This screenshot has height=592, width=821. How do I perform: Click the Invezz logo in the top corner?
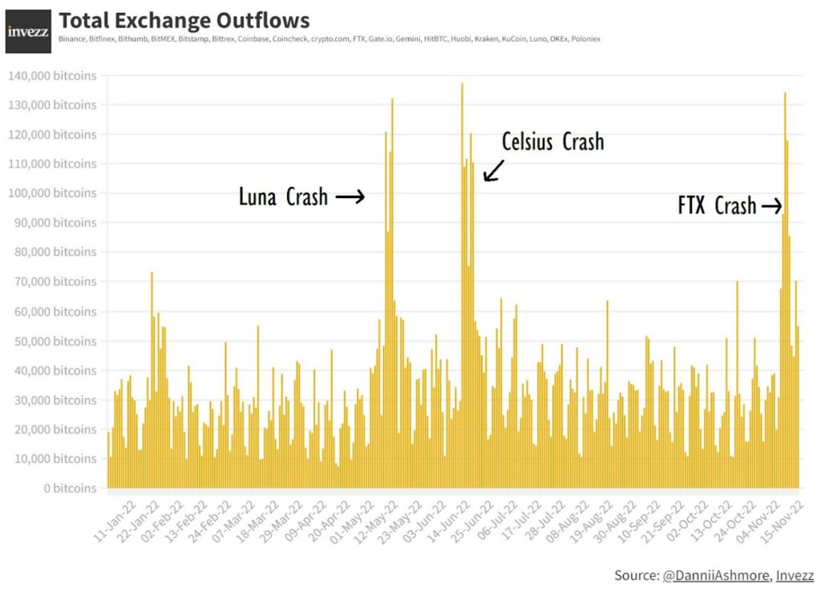pyautogui.click(x=28, y=31)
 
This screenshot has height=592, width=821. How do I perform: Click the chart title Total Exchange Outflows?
pyautogui.click(x=184, y=20)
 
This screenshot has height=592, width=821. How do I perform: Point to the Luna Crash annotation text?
pyautogui.click(x=283, y=197)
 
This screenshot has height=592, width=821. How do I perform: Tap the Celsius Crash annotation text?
pyautogui.click(x=552, y=142)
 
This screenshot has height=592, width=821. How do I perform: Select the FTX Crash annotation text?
pyautogui.click(x=717, y=206)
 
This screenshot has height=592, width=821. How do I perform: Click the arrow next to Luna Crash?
pyautogui.click(x=350, y=197)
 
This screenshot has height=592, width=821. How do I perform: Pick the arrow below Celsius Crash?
pyautogui.click(x=492, y=170)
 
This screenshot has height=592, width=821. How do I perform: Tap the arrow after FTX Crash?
pyautogui.click(x=771, y=207)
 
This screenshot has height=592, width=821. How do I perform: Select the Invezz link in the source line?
pyautogui.click(x=795, y=575)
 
